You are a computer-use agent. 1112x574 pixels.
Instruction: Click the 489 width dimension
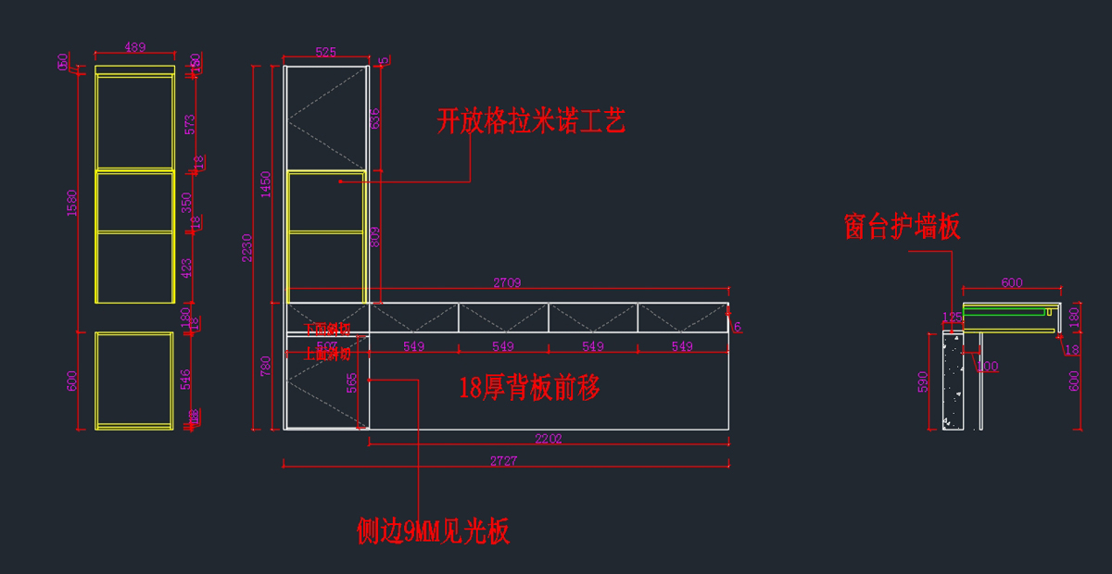click(135, 47)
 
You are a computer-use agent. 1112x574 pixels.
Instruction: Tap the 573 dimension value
click(189, 125)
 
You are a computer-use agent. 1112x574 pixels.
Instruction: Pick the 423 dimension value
click(187, 268)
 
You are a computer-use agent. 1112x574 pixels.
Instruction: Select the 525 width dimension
click(325, 53)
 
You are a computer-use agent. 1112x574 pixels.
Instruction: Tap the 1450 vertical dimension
click(266, 184)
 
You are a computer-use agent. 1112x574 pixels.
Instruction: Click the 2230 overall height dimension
click(246, 247)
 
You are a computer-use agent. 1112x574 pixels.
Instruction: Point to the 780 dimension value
click(266, 366)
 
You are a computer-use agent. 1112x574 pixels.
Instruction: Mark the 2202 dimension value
click(548, 439)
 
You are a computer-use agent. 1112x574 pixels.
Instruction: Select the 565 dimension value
click(351, 382)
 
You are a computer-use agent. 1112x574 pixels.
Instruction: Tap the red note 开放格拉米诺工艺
click(531, 121)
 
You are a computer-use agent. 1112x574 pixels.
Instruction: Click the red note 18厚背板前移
click(529, 388)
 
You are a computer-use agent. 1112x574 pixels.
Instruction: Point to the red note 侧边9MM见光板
click(433, 530)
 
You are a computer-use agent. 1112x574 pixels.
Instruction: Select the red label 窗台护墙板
click(902, 227)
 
